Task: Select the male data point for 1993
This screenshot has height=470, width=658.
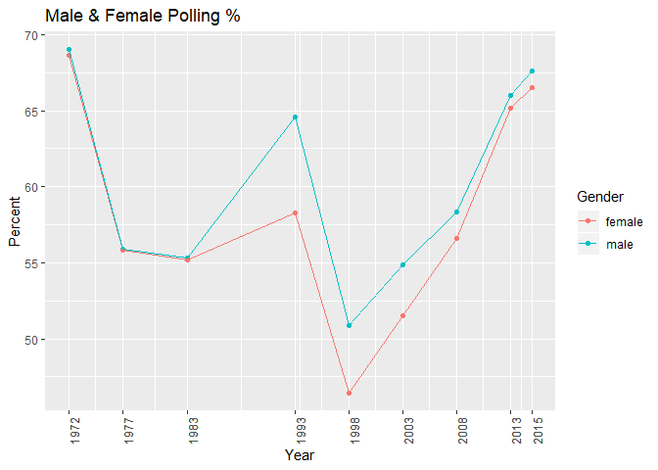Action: pos(295,117)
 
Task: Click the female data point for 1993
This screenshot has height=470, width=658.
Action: pos(295,212)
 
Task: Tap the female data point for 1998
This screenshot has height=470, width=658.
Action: pos(349,393)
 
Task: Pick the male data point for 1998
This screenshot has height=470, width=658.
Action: pos(349,325)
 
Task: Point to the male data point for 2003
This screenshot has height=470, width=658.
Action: pos(402,264)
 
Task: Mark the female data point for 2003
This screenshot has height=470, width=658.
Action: pos(402,315)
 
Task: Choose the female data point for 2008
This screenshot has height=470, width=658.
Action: pos(456,238)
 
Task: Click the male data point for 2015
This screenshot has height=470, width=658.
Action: pos(532,70)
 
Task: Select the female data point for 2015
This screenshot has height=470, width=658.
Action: pos(532,87)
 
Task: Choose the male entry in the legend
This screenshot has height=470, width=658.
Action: pos(607,243)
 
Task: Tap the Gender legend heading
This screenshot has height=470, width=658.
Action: pos(600,198)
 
